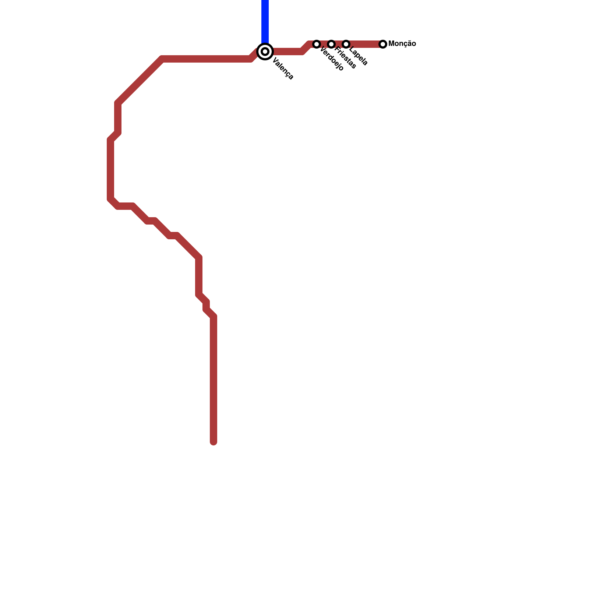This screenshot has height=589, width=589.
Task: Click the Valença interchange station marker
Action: click(265, 52)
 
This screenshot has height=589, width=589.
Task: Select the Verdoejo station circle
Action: click(317, 44)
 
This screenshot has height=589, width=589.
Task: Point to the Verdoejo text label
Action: click(332, 59)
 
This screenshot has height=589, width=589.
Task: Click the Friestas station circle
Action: click(331, 44)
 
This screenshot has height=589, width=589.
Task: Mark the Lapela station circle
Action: click(346, 44)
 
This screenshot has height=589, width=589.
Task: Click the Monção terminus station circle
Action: click(383, 44)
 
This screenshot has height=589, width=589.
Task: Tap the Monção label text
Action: click(402, 44)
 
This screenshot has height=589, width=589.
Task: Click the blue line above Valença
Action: click(265, 20)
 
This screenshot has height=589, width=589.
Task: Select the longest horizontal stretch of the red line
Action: click(206, 59)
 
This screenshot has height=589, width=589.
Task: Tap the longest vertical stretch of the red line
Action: click(214, 379)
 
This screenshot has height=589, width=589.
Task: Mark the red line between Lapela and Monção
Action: click(364, 44)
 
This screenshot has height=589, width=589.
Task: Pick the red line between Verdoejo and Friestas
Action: click(324, 44)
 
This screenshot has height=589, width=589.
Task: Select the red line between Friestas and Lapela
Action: click(339, 44)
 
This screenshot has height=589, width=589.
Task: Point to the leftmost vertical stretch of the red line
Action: click(110, 169)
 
